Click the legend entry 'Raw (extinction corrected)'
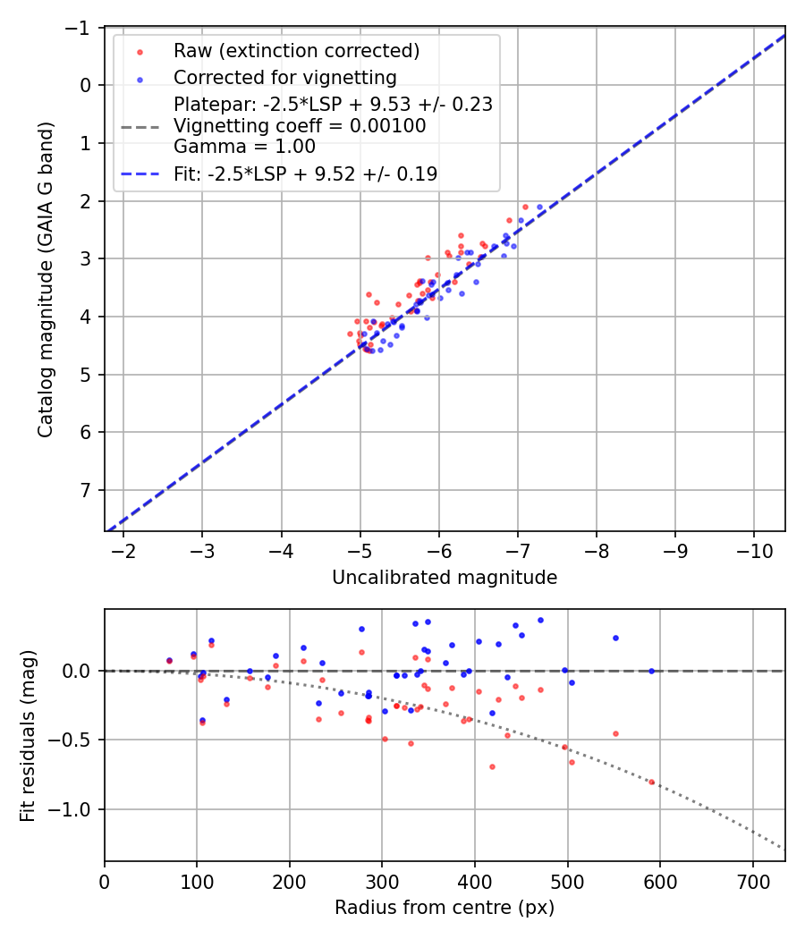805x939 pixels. [296, 51]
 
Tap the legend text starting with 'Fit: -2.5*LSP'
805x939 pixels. [305, 174]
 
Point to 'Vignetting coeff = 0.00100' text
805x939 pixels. [300, 126]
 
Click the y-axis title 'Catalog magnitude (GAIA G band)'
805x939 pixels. [46, 280]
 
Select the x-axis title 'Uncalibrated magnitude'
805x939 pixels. [445, 578]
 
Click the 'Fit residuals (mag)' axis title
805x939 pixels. [28, 735]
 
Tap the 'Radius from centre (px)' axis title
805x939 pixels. [445, 908]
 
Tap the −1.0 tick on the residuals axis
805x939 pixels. [75, 809]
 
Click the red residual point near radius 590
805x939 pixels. [651, 782]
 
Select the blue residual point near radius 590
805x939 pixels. [651, 671]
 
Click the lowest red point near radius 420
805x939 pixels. [492, 766]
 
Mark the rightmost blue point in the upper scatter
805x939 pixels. [539, 207]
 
